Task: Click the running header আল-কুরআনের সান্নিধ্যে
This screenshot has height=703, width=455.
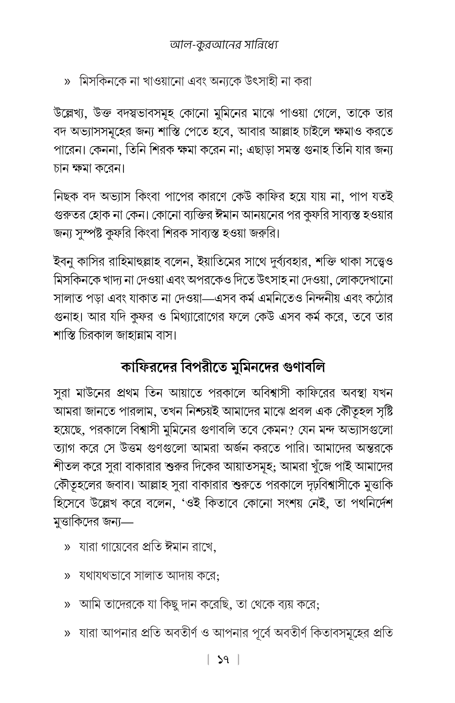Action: pos(224,45)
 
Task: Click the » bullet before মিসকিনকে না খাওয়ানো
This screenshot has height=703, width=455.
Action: pos(67,81)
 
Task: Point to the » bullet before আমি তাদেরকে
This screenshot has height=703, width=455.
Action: pos(67,606)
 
